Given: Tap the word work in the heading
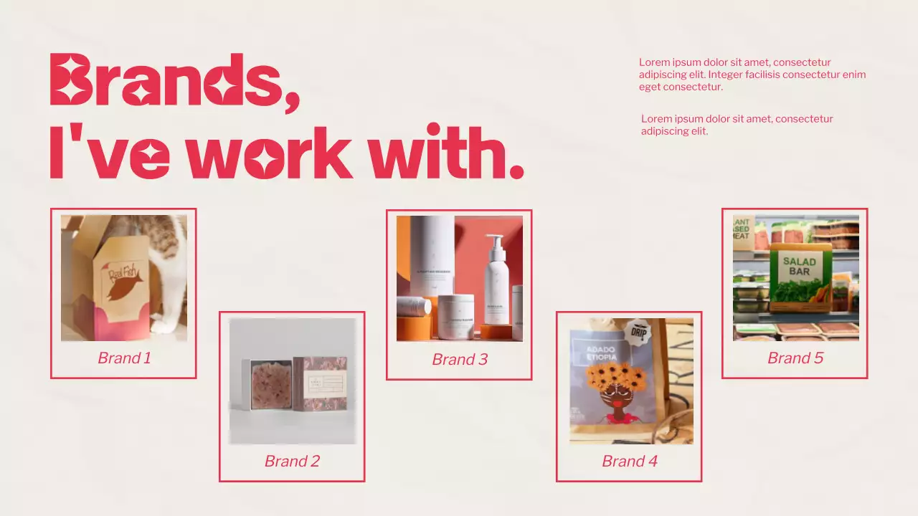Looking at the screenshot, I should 272,152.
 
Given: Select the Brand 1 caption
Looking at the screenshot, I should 124,358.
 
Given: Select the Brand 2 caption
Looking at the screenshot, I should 292,461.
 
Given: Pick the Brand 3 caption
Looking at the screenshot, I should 459,359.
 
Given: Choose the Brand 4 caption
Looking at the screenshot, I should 629,461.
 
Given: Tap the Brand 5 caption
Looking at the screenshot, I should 795,358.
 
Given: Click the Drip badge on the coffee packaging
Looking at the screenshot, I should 636,333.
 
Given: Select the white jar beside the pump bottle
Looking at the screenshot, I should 456,316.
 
